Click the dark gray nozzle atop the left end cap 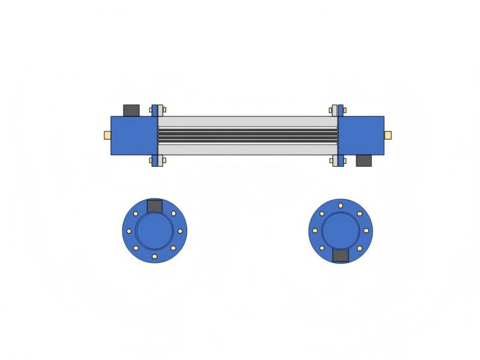pos(131,110)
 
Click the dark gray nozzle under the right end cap pos(364,161)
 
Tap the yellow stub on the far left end pos(107,135)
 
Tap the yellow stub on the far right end pos(388,135)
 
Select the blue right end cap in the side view pos(361,136)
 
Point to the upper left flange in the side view pos(155,110)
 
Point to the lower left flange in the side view pos(155,161)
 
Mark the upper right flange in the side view pos(341,110)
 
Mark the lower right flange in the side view pos(341,161)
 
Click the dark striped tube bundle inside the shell pos(248,136)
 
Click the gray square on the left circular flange pos(155,206)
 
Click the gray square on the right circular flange pos(341,256)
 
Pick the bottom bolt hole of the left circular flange pos(155,256)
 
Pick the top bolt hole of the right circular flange pos(341,205)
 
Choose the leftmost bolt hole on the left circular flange pos(129,231)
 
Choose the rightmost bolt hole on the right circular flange pos(367,230)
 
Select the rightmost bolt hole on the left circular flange pos(180,231)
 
